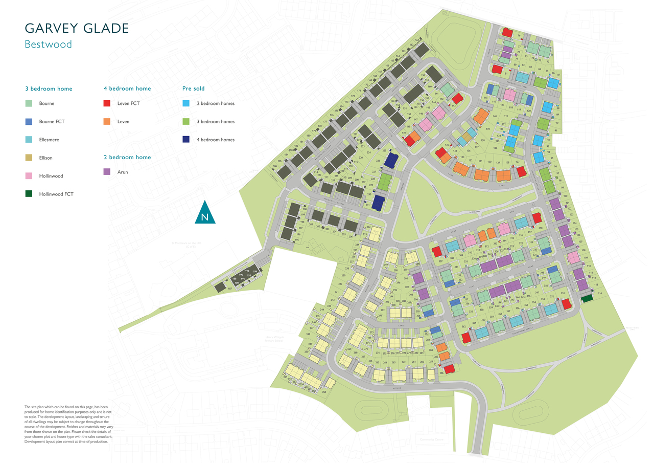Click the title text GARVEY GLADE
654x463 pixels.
tap(77, 28)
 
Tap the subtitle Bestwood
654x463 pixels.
tap(48, 45)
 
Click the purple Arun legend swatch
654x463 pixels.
tap(107, 172)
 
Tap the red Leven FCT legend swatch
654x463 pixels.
tap(107, 103)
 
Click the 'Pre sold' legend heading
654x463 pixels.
tap(193, 89)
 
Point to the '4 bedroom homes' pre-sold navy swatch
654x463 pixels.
tap(186, 140)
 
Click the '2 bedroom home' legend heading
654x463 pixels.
tap(127, 157)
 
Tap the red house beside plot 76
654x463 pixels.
tap(507, 33)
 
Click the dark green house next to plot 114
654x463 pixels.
tap(587, 298)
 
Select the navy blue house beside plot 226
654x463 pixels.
tap(390, 160)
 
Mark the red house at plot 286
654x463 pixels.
tap(449, 369)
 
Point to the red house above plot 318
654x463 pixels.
tap(536, 218)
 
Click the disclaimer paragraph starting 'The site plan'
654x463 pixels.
tap(68, 424)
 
